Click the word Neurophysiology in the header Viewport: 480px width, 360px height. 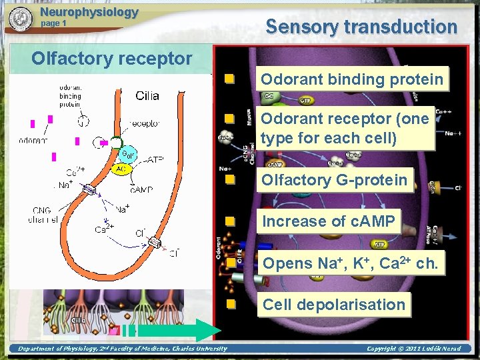point(89,11)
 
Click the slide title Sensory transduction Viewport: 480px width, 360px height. point(361,27)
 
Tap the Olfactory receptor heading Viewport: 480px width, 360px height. point(112,58)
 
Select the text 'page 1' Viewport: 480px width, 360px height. point(54,23)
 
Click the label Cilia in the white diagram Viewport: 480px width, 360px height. point(147,95)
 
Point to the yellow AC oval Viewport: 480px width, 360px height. point(121,169)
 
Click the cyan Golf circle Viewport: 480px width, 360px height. point(129,155)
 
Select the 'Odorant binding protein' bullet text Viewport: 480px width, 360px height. point(352,79)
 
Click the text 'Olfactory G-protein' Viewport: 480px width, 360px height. point(334,180)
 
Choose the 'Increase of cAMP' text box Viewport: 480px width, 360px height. point(329,221)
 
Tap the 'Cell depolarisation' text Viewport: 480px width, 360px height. point(334,305)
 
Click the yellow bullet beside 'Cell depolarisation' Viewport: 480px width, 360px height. point(229,305)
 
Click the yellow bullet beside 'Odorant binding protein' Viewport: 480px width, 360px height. point(229,79)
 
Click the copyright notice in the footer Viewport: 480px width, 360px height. point(419,349)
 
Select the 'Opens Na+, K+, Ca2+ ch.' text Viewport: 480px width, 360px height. point(351,263)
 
